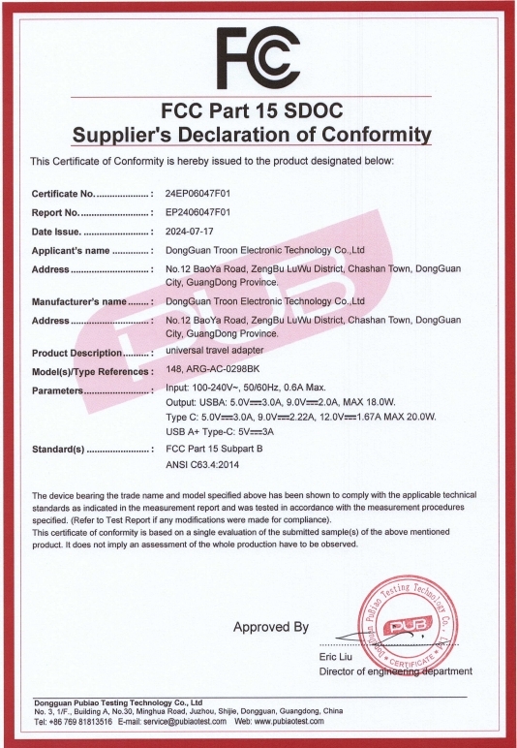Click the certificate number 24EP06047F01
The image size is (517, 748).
pyautogui.click(x=199, y=194)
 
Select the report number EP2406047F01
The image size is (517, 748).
pyautogui.click(x=198, y=212)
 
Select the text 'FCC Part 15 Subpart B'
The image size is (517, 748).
pyautogui.click(x=216, y=449)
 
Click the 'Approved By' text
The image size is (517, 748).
pyautogui.click(x=270, y=627)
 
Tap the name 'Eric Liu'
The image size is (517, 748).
pyautogui.click(x=335, y=659)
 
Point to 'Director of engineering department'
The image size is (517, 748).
pyautogui.click(x=395, y=671)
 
